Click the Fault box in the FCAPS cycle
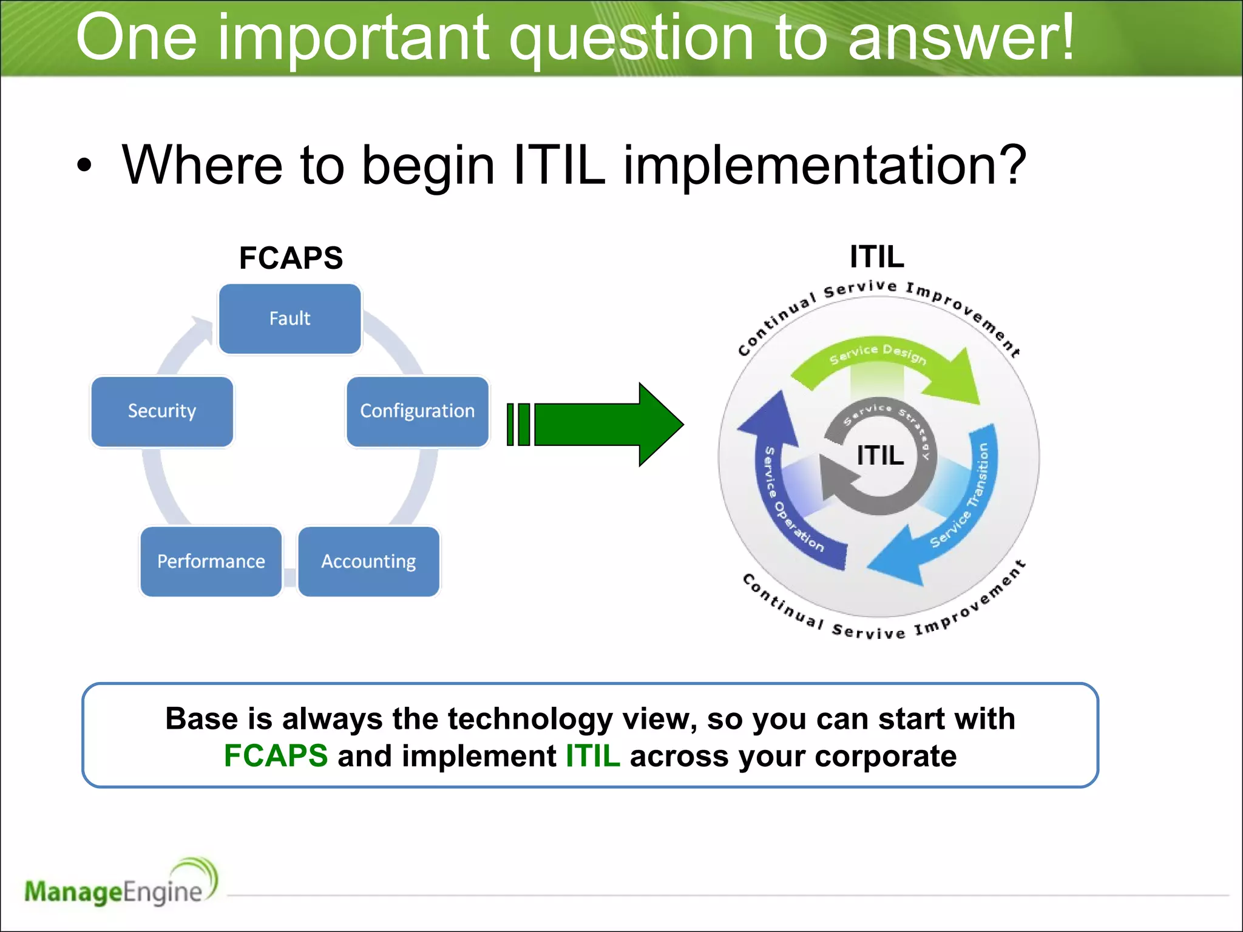pos(290,319)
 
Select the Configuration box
pos(417,411)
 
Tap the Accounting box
pos(368,561)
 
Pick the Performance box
pos(211,561)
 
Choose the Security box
pos(162,411)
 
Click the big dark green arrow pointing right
pos(601,425)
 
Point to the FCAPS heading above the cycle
pos(291,258)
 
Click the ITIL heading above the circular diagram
pos(876,257)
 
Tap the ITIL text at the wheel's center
pos(879,455)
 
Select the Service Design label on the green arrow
pos(878,354)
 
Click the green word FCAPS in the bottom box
pos(276,756)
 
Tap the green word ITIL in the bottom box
pos(592,756)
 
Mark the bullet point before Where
pos(84,166)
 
